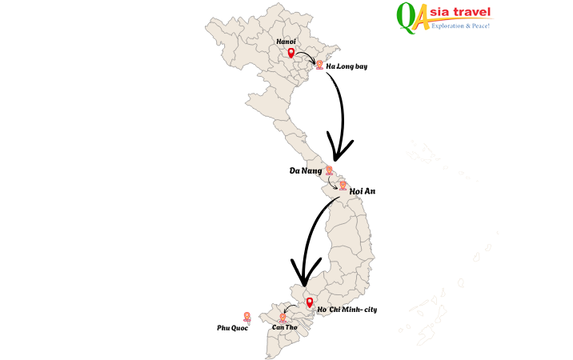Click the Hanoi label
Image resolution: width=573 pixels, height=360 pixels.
(286, 41)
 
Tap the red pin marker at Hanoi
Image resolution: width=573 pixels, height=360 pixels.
(291, 54)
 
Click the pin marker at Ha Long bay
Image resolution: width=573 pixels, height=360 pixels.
(319, 64)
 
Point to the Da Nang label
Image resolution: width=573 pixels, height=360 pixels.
(305, 171)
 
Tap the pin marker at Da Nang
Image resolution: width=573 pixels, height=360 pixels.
(329, 170)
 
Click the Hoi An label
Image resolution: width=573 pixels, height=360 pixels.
(363, 191)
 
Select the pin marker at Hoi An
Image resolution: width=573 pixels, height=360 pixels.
(343, 186)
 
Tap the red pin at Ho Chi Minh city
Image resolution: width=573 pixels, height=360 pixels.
(310, 302)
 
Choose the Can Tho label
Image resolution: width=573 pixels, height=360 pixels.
(284, 327)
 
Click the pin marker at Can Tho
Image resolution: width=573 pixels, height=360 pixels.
(282, 318)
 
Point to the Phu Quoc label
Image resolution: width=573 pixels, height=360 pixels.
(232, 328)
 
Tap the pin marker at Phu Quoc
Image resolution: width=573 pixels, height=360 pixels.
(246, 317)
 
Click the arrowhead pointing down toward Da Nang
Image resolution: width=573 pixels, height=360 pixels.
(341, 148)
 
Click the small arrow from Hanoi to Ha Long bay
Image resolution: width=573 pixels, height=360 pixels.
(306, 56)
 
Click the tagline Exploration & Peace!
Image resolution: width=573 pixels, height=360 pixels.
(460, 26)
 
